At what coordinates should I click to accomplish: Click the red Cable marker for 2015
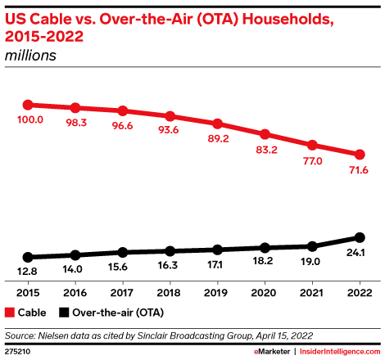28,105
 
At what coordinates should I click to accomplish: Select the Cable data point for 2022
360,155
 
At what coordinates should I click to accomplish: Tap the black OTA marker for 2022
360,237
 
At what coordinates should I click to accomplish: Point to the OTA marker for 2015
28,257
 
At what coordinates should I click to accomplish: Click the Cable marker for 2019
217,124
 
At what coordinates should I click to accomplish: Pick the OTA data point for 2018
170,251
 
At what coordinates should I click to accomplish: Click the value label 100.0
30,119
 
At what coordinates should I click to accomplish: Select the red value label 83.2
266,150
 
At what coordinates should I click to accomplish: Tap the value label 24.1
356,253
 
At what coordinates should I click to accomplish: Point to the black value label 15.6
118,267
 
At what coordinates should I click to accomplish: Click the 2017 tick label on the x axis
122,293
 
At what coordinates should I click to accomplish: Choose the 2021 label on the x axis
311,293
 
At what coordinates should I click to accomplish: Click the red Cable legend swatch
10,313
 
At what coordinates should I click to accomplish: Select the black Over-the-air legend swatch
64,313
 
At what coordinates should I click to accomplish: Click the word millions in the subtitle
30,56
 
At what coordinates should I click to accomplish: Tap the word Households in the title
288,20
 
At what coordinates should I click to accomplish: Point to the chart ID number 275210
17,352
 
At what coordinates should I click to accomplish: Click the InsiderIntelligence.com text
340,352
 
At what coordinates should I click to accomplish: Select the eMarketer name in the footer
272,352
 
